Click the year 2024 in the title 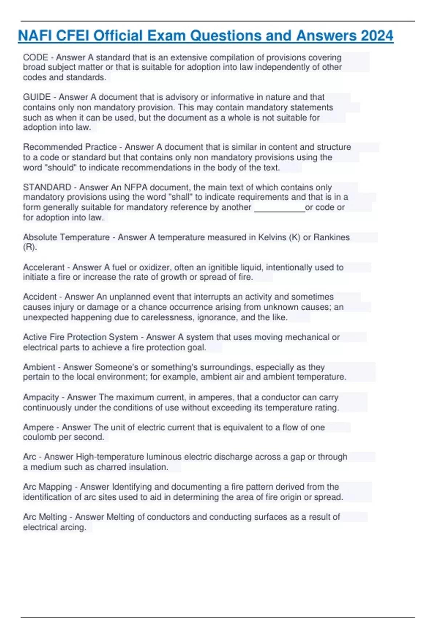tap(377, 36)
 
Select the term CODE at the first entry tap(36, 57)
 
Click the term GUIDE tap(37, 97)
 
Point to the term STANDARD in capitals tap(47, 187)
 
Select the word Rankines tap(331, 237)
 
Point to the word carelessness tap(167, 317)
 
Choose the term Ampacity tap(41, 397)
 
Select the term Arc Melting tap(45, 517)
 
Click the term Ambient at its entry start tap(39, 367)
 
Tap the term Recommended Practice tap(70, 147)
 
